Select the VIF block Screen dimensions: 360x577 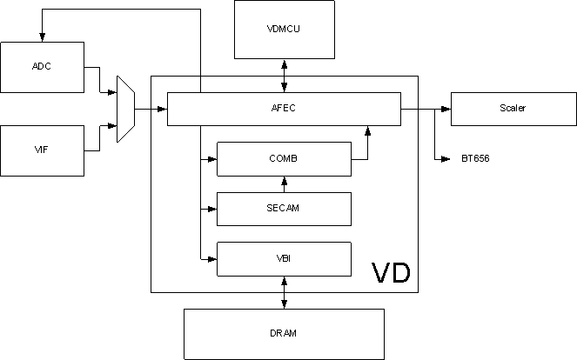43,150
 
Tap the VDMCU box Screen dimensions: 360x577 285,29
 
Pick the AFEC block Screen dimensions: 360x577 284,109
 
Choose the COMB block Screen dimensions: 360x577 284,158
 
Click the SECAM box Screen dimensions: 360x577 284,209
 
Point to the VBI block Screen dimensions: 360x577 284,258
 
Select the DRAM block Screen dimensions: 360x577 284,333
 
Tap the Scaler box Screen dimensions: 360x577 513,109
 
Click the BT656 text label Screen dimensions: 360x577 475,159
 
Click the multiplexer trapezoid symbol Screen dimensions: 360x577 125,109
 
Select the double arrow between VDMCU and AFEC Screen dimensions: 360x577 285,75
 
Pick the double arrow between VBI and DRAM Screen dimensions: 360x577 285,292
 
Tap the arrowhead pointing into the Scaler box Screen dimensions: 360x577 446,109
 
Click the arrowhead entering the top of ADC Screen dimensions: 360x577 42,37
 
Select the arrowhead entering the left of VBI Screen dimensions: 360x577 211,258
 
